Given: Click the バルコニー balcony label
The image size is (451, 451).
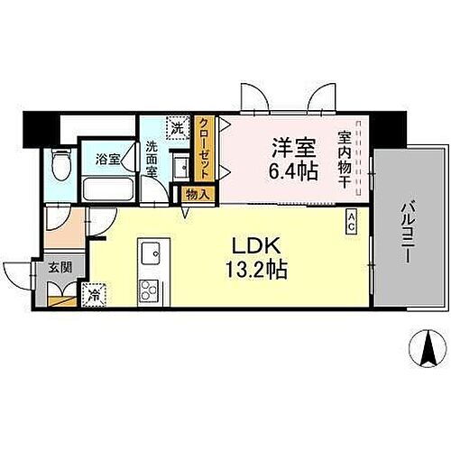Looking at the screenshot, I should [404, 228].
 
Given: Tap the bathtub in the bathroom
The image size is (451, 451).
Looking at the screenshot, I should [106, 189].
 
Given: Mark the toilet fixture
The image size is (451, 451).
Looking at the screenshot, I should [60, 165].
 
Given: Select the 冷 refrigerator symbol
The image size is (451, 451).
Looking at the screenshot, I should [95, 293].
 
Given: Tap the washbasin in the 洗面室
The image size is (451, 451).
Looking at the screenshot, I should [179, 167].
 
